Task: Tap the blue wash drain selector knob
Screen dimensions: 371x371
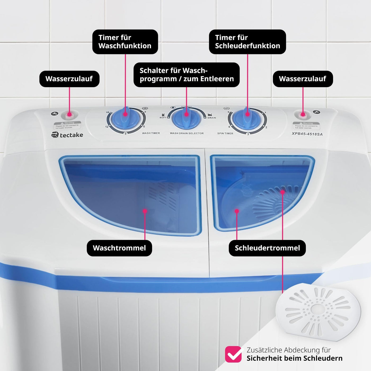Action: point(186,118)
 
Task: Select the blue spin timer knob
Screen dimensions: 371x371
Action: point(247,118)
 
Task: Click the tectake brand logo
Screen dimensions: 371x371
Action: point(67,135)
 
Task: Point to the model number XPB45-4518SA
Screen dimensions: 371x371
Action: point(307,134)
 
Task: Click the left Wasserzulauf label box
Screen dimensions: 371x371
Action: point(69,79)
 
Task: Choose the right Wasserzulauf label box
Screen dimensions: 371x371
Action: point(303,79)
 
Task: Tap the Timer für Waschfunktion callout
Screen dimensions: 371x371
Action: point(125,42)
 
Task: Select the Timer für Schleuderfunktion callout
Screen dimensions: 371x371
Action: point(247,42)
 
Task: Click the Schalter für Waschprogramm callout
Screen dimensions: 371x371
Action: point(186,75)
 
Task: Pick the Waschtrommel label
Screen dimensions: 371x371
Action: point(119,248)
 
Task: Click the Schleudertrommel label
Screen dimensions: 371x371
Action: point(267,248)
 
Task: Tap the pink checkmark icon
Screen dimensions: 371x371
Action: point(233,354)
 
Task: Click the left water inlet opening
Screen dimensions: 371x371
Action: point(69,115)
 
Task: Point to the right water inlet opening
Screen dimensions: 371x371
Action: point(303,115)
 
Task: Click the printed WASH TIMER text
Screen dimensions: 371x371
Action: point(151,133)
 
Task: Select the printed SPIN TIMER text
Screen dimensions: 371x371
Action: point(225,133)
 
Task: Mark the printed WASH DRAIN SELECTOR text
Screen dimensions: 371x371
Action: point(187,133)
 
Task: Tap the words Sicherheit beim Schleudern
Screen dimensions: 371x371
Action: point(294,358)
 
